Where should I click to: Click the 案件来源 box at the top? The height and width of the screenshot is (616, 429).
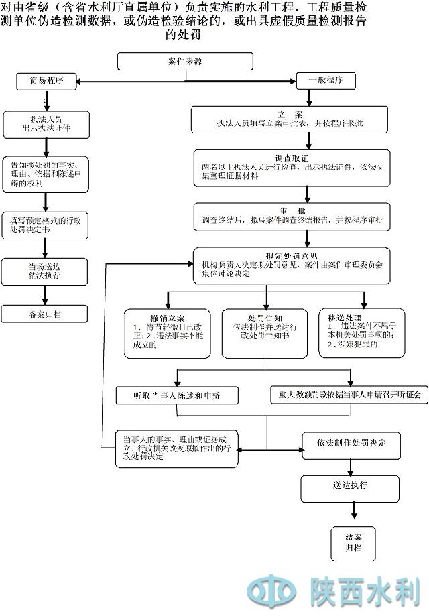pyautogui.click(x=185, y=61)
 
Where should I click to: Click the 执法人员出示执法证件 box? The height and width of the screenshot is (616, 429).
pyautogui.click(x=46, y=123)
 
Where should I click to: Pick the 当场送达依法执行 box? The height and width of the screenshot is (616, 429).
pyautogui.click(x=44, y=270)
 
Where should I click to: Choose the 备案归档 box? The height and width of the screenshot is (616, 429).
pyautogui.click(x=44, y=313)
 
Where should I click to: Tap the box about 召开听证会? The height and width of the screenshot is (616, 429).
pyautogui.click(x=349, y=395)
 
